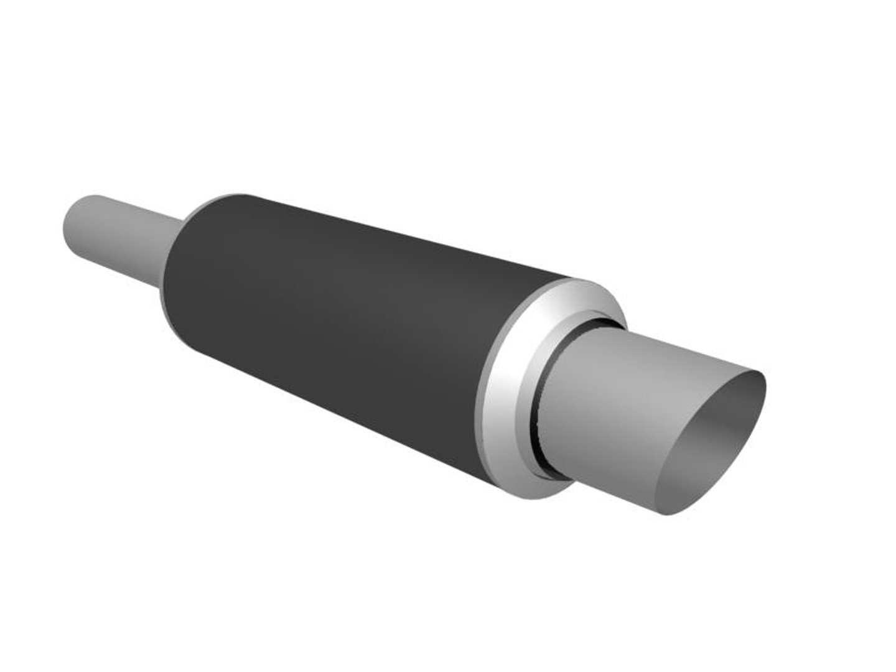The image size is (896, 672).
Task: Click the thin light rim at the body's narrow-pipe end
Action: pyautogui.click(x=163, y=299)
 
